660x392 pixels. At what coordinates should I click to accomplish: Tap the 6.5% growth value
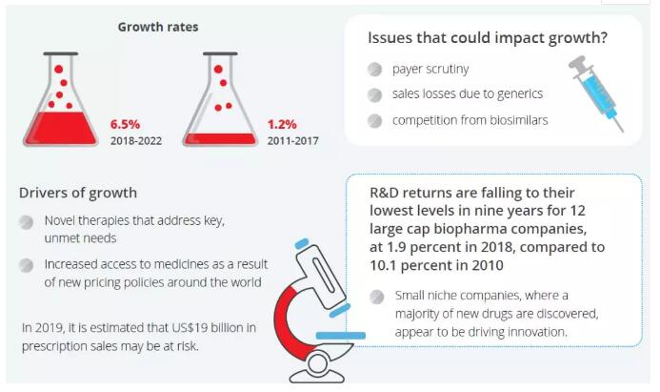125,124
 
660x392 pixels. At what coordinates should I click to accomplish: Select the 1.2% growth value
282,124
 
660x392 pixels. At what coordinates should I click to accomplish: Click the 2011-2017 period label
292,140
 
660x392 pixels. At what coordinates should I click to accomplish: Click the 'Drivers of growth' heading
78,194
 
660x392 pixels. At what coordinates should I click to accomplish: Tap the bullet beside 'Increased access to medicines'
29,264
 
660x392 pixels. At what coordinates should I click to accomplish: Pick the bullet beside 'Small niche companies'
378,296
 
